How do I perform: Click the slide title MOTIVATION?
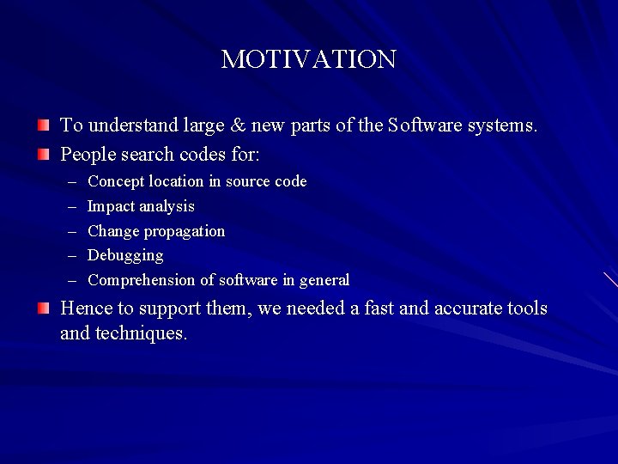click(308, 59)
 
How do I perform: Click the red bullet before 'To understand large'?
click(44, 125)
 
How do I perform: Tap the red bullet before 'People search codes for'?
click(44, 155)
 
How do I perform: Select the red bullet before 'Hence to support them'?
click(44, 308)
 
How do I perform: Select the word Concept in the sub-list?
click(116, 181)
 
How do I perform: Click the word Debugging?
click(125, 256)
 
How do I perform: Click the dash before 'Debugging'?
click(70, 256)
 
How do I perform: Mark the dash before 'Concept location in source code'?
click(70, 181)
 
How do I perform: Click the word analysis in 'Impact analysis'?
click(166, 207)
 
